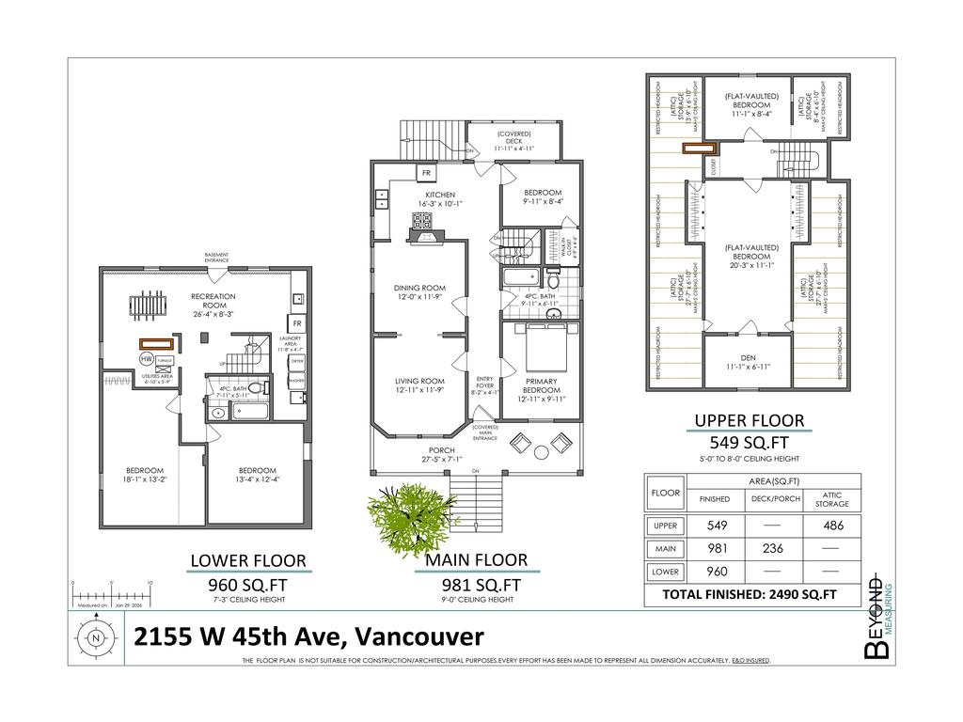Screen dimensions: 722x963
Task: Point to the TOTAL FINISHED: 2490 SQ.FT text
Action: click(749, 594)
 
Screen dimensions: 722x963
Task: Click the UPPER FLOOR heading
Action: click(749, 420)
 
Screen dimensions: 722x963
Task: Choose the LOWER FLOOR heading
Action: click(248, 561)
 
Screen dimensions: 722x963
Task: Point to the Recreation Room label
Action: click(213, 301)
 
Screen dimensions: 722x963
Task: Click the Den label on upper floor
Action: click(749, 359)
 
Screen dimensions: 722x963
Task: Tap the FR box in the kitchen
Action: click(425, 173)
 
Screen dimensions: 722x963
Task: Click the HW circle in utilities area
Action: click(146, 359)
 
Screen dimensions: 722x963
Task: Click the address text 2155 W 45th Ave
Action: click(308, 636)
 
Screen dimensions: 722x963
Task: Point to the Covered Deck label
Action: click(515, 141)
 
